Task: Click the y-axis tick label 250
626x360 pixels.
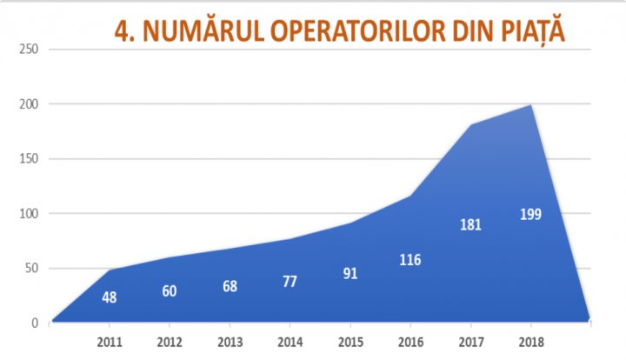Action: [x=27, y=49]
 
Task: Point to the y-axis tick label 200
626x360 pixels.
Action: [x=27, y=103]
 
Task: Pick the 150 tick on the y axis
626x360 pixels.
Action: [x=27, y=159]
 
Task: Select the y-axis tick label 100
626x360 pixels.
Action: [x=27, y=214]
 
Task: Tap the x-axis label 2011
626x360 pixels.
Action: [x=110, y=341]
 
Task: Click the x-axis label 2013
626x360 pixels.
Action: [x=230, y=341]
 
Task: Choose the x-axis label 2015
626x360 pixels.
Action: [x=350, y=341]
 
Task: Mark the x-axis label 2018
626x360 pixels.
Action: [x=530, y=341]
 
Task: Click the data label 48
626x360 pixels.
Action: [x=110, y=297]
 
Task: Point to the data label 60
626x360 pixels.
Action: [x=170, y=290]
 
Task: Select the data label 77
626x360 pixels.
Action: [x=290, y=281]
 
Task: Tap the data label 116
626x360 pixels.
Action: [x=410, y=259]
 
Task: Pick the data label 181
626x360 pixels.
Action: [x=470, y=225]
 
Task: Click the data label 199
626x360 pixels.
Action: [x=530, y=214]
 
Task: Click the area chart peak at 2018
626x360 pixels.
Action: [x=530, y=105]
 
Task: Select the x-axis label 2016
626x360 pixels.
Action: [x=410, y=341]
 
